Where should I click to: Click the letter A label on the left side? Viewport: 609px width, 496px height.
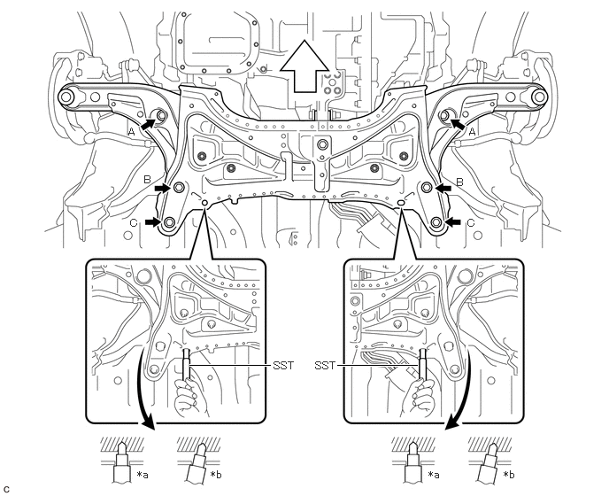[132, 133]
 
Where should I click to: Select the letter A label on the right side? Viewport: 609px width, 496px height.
[472, 132]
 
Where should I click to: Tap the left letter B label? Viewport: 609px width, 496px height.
[147, 180]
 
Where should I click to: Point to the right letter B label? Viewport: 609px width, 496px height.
[459, 182]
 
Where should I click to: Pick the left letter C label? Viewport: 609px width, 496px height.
[133, 222]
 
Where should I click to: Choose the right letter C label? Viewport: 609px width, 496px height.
[471, 222]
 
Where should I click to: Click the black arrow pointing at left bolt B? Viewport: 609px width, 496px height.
[162, 188]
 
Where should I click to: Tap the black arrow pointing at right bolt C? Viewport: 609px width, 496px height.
[453, 222]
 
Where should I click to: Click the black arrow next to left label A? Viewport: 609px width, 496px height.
[147, 125]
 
